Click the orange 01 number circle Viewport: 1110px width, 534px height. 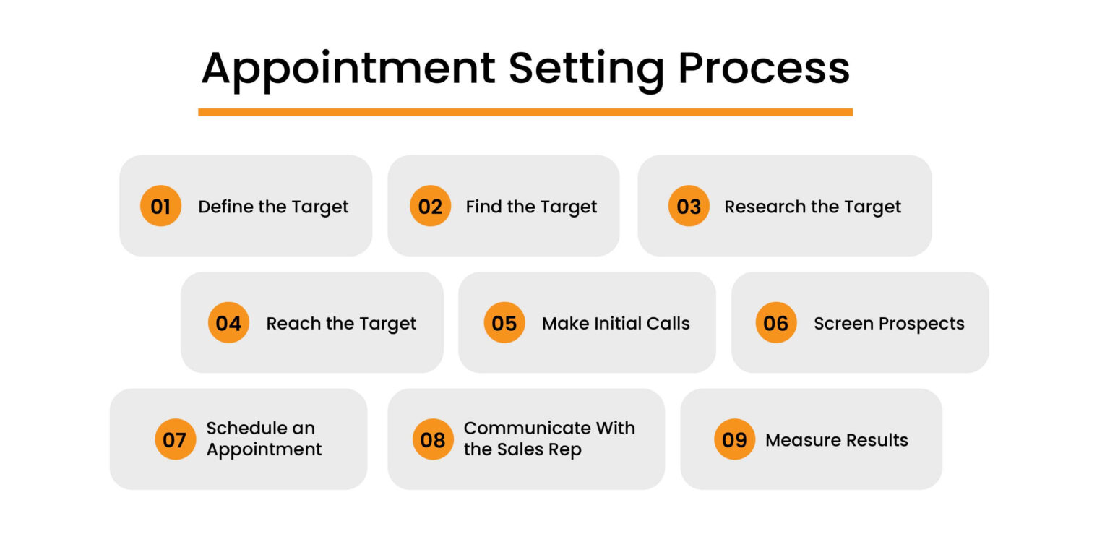[160, 207]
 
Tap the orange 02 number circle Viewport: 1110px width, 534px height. [430, 207]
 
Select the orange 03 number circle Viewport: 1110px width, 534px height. [689, 207]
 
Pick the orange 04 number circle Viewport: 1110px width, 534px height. [228, 323]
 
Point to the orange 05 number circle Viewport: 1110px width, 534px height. [504, 323]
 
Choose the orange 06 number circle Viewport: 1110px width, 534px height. [776, 323]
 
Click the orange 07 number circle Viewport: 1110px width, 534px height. [175, 439]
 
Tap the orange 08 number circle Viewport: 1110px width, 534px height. [433, 439]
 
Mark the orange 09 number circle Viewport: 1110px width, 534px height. [734, 439]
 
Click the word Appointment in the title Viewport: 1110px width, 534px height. [348, 70]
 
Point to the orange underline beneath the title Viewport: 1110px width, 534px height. [525, 112]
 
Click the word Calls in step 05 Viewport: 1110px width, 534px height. [668, 323]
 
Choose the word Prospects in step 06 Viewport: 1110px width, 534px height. [918, 323]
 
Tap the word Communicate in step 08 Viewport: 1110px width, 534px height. [517, 428]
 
